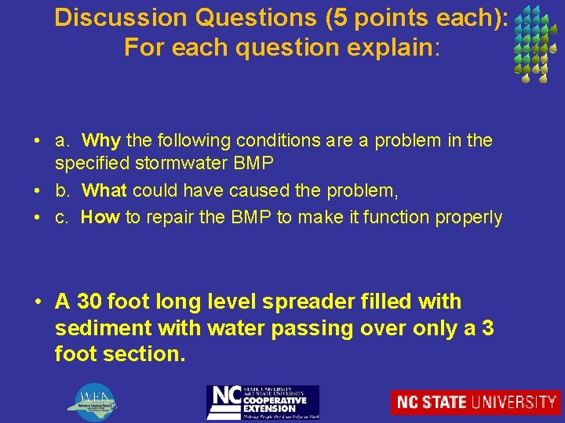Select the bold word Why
101,141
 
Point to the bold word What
105,190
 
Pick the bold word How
100,217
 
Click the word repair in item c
169,217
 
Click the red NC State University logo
476,402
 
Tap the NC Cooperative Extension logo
262,402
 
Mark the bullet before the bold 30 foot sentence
37,302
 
